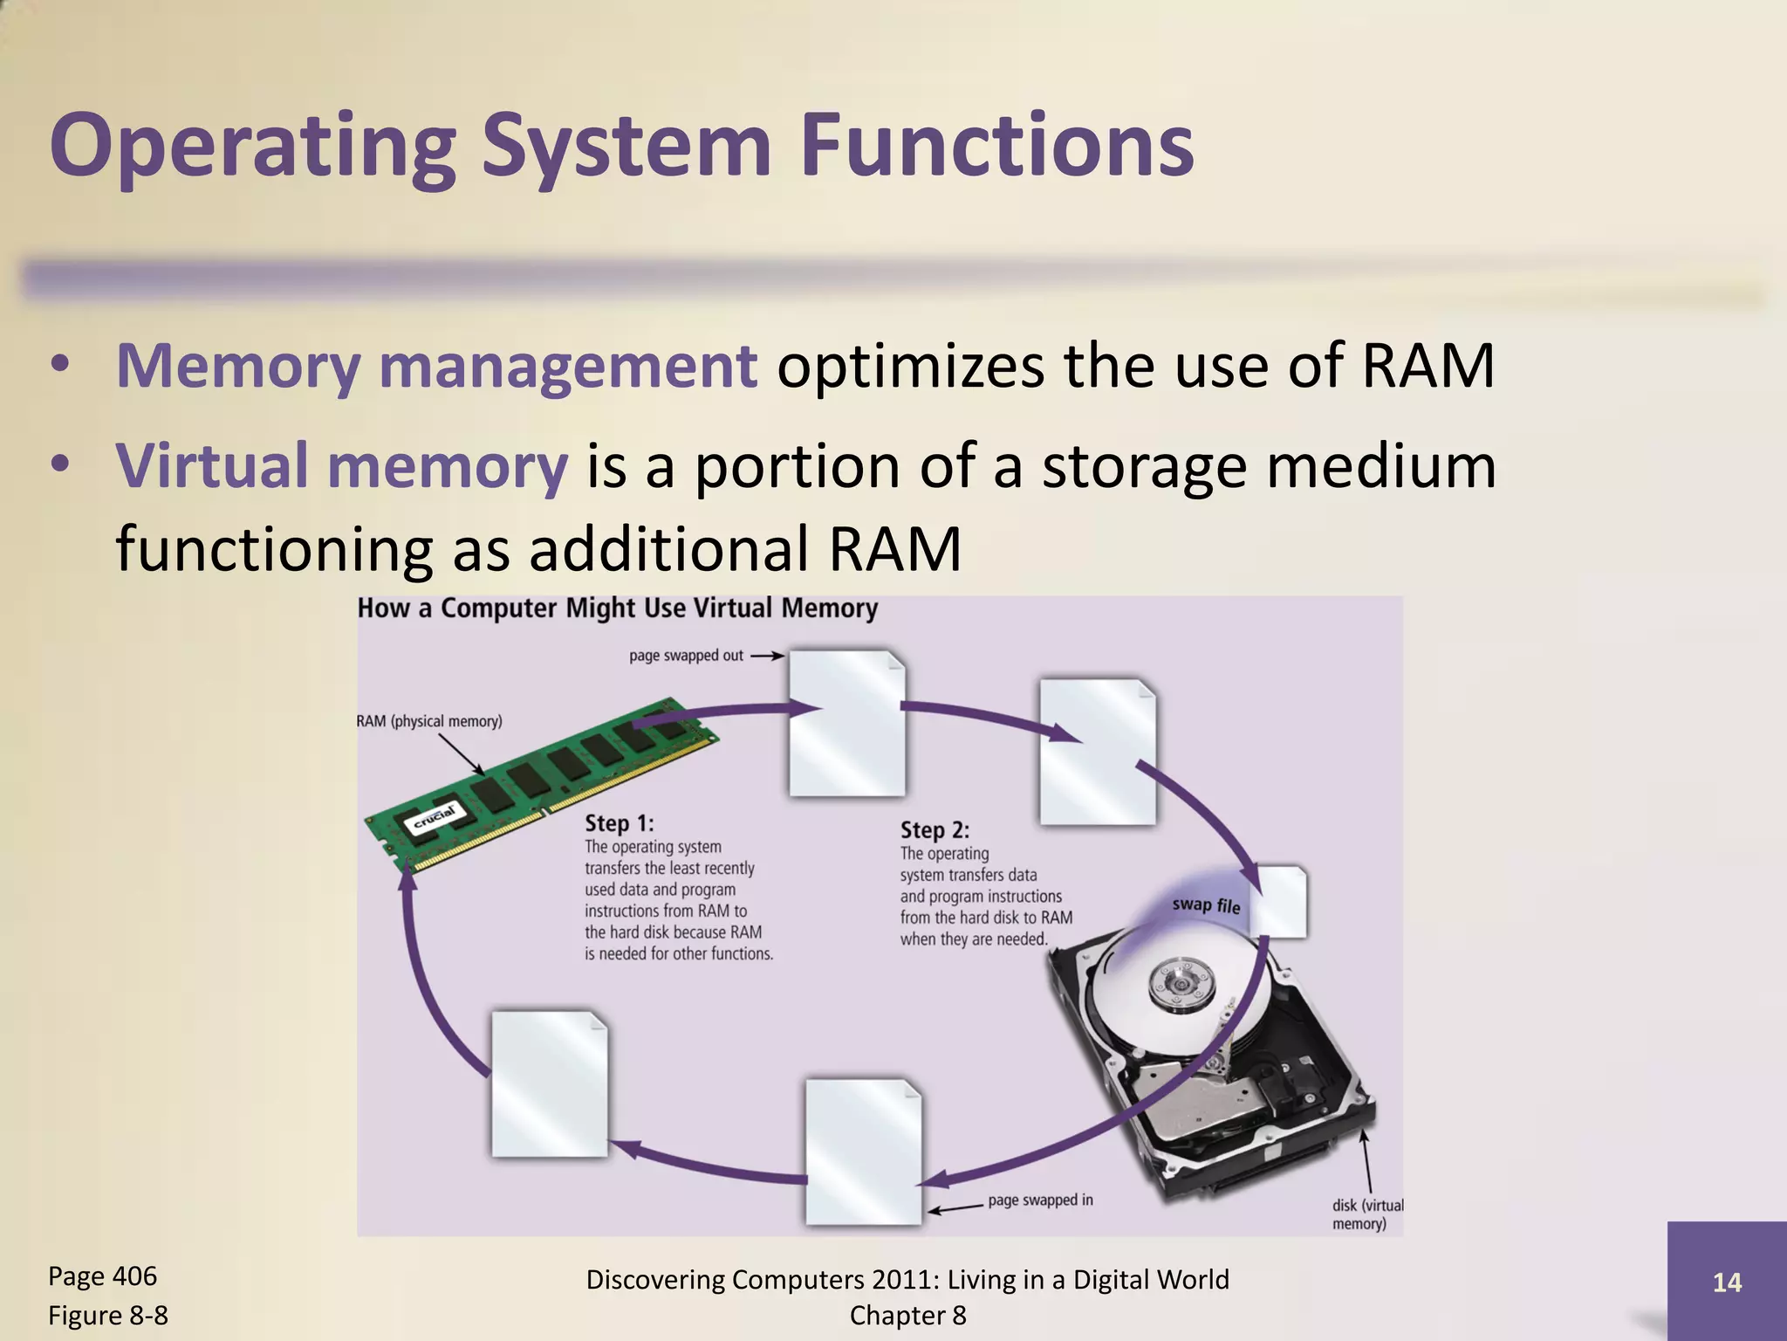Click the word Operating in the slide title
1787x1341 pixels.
[253, 147]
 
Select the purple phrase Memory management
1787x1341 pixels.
[436, 366]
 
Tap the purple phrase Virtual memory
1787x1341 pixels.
[342, 465]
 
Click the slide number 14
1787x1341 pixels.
[1727, 1283]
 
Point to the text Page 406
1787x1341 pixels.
[102, 1276]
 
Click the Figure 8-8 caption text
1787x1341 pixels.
[107, 1316]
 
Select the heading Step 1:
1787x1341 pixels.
[619, 823]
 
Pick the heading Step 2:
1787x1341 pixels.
[935, 830]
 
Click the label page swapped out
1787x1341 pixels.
[686, 656]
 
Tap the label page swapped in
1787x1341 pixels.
[1040, 1200]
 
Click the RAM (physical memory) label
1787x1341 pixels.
[429, 721]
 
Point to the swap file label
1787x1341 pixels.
[1206, 905]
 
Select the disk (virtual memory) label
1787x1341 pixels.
[1366, 1214]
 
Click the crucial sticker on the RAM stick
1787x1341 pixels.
[434, 818]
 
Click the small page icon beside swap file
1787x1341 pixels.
[1283, 901]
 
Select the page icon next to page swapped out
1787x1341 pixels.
[846, 723]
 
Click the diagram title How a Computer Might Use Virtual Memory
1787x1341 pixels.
[617, 609]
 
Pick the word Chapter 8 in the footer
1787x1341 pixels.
[907, 1316]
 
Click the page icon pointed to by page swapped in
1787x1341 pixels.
[863, 1152]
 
